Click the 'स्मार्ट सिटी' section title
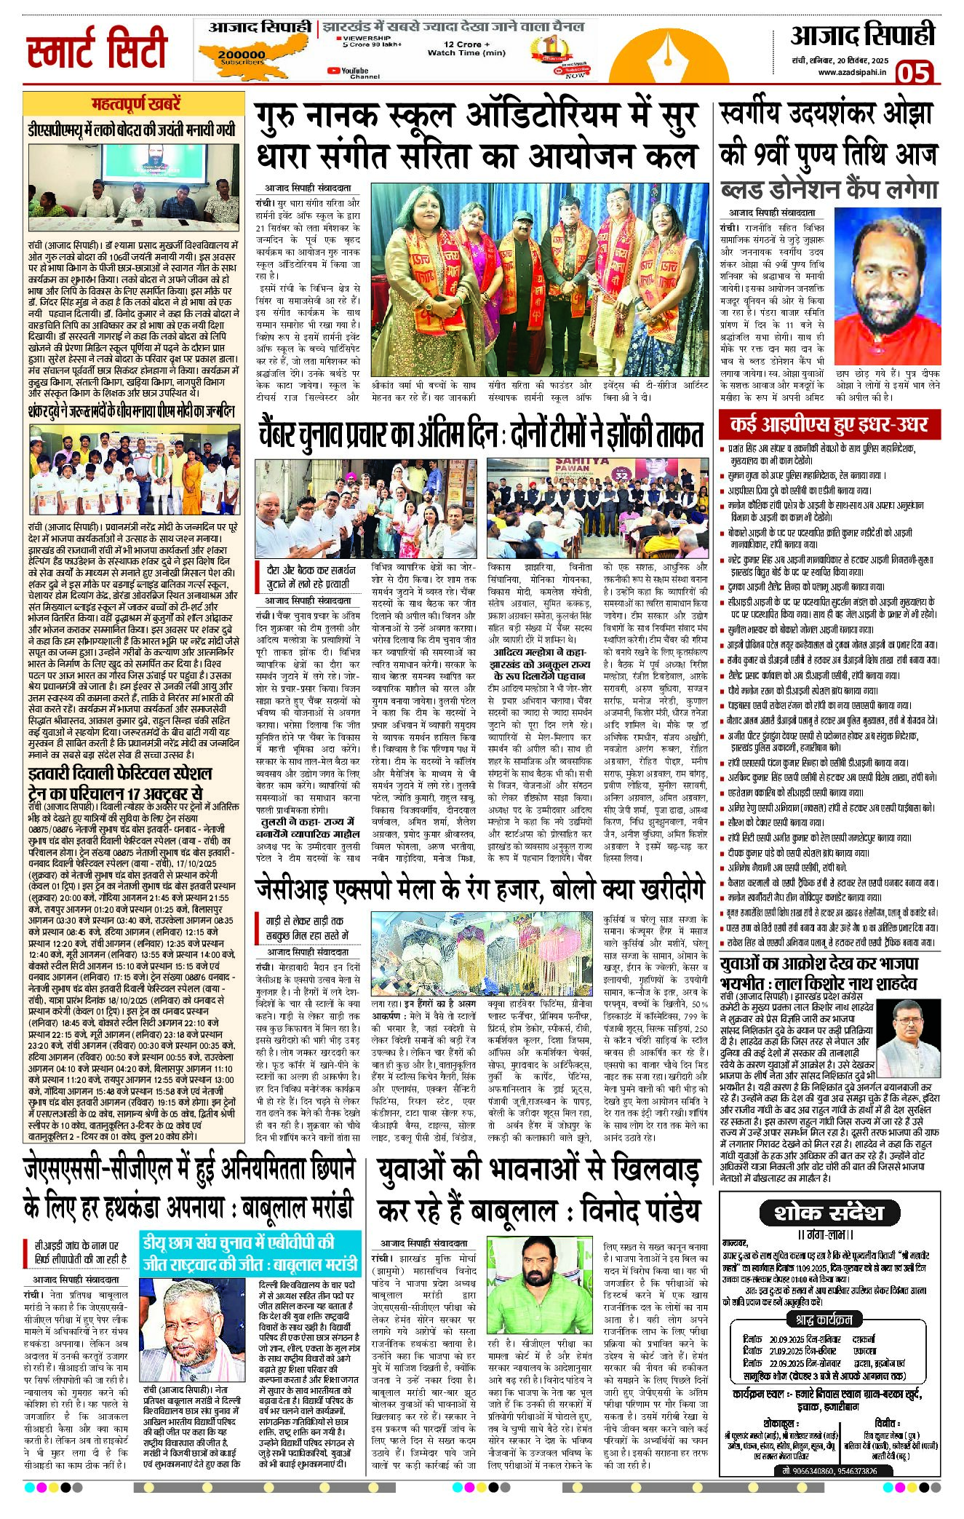point(97,49)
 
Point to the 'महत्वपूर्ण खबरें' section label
point(136,104)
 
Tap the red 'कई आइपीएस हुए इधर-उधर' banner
point(828,424)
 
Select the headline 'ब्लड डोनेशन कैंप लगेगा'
point(829,189)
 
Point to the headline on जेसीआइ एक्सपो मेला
point(479,890)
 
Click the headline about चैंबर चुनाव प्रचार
point(481,435)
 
